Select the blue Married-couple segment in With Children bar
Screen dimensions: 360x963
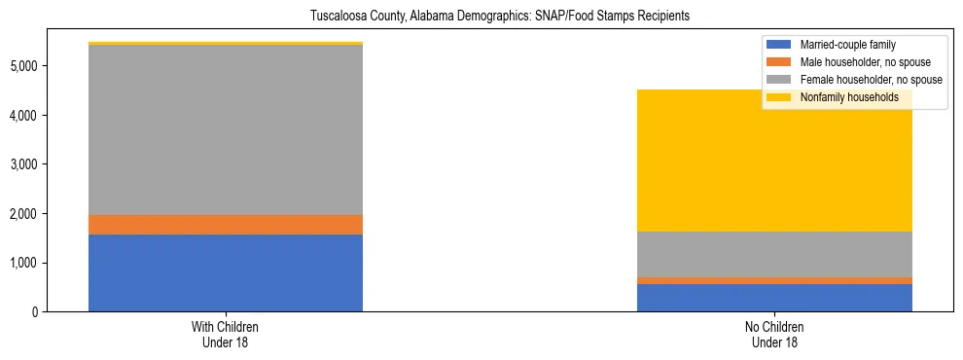pyautogui.click(x=226, y=272)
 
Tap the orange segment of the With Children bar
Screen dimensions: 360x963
pyautogui.click(x=226, y=225)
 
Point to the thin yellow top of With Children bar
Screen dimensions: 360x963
pyautogui.click(x=226, y=44)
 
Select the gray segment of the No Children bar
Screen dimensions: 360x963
pyautogui.click(x=774, y=254)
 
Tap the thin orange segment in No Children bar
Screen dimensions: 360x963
pyautogui.click(x=774, y=280)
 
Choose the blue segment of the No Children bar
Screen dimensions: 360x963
pyautogui.click(x=774, y=298)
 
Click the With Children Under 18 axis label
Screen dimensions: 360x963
pyautogui.click(x=226, y=335)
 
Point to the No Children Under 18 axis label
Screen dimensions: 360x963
pyautogui.click(x=774, y=335)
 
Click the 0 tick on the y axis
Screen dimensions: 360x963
pyautogui.click(x=35, y=312)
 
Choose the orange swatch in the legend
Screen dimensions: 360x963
pyautogui.click(x=779, y=62)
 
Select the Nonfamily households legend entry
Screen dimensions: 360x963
pyautogui.click(x=849, y=97)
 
